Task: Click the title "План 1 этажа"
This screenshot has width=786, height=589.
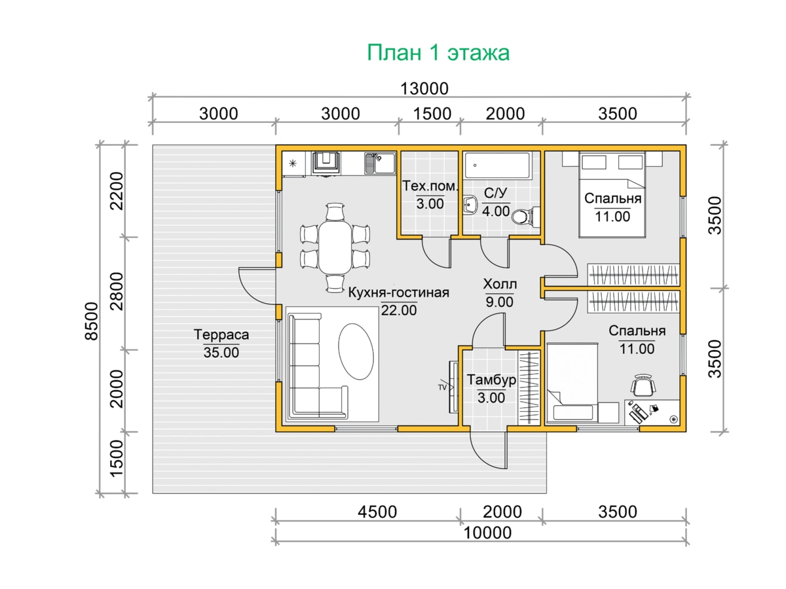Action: coord(438,53)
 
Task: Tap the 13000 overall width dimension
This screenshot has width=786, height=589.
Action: coord(424,89)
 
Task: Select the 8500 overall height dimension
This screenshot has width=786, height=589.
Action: coord(92,321)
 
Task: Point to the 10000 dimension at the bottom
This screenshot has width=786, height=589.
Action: coord(487,533)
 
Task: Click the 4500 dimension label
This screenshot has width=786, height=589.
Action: coord(377,512)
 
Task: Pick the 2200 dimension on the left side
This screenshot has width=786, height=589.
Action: coord(117,191)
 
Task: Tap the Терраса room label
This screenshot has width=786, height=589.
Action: coord(221,334)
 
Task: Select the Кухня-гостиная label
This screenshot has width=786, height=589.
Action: coord(398,293)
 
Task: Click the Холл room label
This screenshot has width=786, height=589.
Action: coord(500,284)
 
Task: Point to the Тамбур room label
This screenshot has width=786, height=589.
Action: coord(491,380)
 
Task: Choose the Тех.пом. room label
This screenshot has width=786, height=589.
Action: coord(430,186)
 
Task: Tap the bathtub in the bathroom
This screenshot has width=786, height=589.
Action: coord(496,165)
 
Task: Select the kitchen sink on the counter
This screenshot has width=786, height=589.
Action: coord(380,164)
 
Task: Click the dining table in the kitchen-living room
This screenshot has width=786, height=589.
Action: coord(335,247)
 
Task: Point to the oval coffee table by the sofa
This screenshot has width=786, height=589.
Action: coord(356,352)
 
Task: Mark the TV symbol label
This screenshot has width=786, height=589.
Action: coord(442,387)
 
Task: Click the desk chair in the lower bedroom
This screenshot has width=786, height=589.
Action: coord(643,385)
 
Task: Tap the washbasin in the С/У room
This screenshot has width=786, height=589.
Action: coord(470,205)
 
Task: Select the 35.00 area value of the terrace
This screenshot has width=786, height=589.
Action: coord(221,353)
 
